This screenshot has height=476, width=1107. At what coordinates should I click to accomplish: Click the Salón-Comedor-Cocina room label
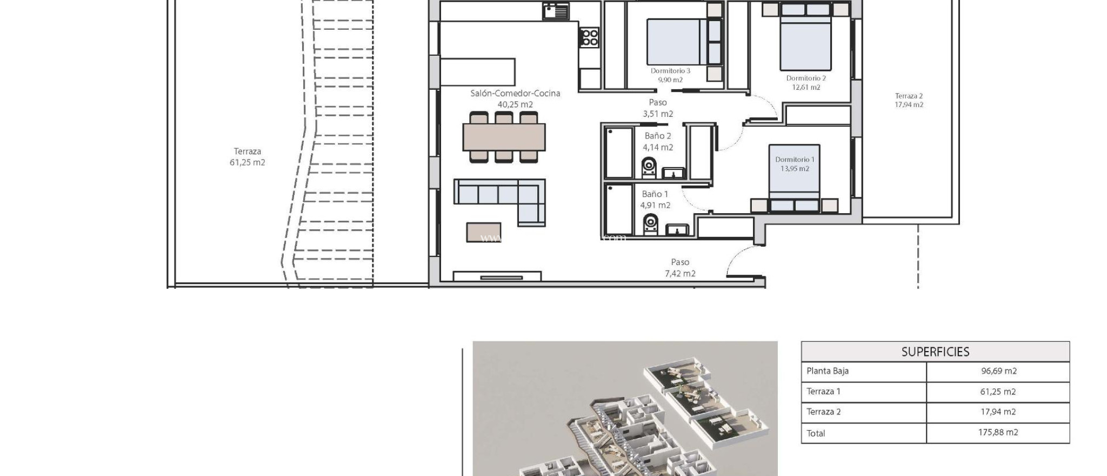(515, 93)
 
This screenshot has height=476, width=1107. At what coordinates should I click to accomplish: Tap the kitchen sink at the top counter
(556, 11)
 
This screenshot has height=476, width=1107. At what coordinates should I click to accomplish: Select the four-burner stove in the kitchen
(589, 37)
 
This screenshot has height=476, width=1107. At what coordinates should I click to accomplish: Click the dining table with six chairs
(504, 137)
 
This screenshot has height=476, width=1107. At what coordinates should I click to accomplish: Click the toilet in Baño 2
(649, 167)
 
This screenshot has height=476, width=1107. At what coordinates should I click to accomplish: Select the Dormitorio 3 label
(670, 71)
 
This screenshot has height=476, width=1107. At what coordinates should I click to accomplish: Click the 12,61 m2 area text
(806, 87)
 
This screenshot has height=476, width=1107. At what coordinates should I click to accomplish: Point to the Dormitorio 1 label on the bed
(794, 160)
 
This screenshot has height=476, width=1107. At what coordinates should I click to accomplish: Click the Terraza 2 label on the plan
(909, 96)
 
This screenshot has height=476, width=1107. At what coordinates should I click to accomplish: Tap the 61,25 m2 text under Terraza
(247, 162)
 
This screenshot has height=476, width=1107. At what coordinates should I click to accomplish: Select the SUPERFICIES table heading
(935, 352)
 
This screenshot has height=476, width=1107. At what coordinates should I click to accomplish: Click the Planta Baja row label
(827, 371)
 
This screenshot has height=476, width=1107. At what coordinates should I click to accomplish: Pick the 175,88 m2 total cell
(998, 433)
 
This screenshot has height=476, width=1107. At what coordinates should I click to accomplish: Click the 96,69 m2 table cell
(998, 371)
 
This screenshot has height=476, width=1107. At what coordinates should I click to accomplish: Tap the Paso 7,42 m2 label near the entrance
(680, 268)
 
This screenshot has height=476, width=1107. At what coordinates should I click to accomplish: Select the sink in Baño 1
(676, 230)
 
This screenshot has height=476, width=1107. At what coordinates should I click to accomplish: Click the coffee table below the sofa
(484, 232)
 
